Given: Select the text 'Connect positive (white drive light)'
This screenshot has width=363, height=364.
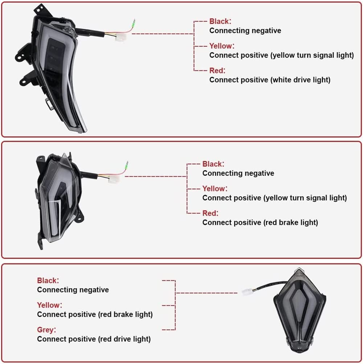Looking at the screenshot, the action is pyautogui.click(x=270, y=80).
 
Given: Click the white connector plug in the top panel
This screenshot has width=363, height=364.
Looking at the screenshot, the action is pyautogui.click(x=121, y=37).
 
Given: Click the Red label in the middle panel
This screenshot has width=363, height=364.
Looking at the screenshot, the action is pyautogui.click(x=210, y=213).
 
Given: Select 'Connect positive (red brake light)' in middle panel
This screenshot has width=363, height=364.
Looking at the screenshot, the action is pyautogui.click(x=260, y=222).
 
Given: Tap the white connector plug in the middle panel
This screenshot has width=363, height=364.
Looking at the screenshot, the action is pyautogui.click(x=114, y=179).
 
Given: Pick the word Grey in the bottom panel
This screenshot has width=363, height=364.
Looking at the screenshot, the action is pyautogui.click(x=46, y=329).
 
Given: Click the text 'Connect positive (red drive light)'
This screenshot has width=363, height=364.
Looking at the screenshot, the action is pyautogui.click(x=94, y=339).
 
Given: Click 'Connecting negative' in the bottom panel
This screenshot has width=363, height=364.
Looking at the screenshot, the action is pyautogui.click(x=73, y=290).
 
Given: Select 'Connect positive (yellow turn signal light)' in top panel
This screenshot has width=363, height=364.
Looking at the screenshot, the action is pyautogui.click(x=281, y=55).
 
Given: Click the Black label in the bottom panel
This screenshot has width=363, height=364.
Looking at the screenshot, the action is pyautogui.click(x=48, y=280).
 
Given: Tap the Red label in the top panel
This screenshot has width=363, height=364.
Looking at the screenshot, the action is pyautogui.click(x=217, y=70).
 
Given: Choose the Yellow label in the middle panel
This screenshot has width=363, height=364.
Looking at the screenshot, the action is pyautogui.click(x=215, y=189).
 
